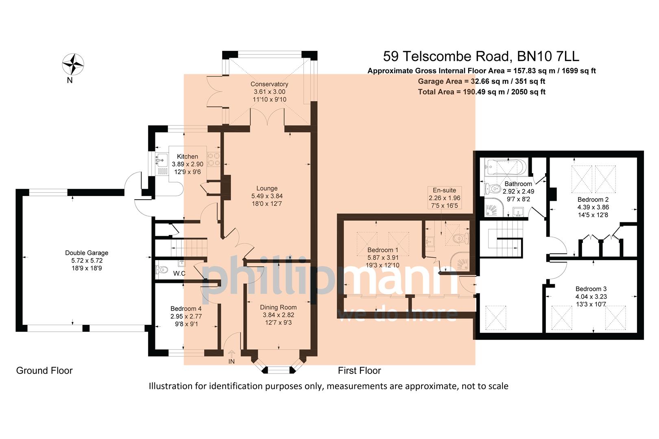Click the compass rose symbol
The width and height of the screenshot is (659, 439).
click(x=73, y=63)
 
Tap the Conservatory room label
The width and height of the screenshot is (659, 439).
click(x=269, y=84)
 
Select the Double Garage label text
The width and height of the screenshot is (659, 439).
click(x=87, y=253)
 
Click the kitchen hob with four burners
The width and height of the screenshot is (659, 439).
click(x=214, y=159)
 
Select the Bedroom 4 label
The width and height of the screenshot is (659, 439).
click(x=186, y=309)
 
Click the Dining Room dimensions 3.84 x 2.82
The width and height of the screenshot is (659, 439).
click(x=278, y=315)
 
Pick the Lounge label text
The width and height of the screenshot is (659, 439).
click(x=267, y=188)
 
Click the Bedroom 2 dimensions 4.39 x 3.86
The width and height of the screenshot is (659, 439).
click(x=593, y=207)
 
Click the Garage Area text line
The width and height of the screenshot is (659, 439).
click(x=481, y=81)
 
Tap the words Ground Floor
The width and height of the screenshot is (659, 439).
click(x=44, y=371)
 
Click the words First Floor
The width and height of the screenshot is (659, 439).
click(x=359, y=371)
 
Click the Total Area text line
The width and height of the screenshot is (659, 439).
click(x=481, y=92)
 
